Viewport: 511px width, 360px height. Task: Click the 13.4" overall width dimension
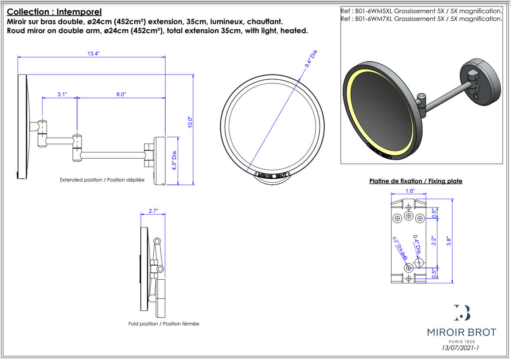pyautogui.click(x=93, y=53)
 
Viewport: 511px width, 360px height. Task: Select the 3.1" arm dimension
pyautogui.click(x=62, y=94)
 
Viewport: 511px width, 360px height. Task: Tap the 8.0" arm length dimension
pyautogui.click(x=121, y=94)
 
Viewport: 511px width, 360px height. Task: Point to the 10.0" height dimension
pyautogui.click(x=190, y=122)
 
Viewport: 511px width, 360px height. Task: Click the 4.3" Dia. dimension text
pyautogui.click(x=174, y=160)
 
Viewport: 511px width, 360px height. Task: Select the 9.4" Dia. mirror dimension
pyautogui.click(x=312, y=59)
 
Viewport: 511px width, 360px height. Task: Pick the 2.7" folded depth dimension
pyautogui.click(x=153, y=211)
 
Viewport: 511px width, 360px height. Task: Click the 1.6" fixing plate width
pyautogui.click(x=410, y=191)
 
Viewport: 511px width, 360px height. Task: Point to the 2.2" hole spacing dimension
pyautogui.click(x=434, y=240)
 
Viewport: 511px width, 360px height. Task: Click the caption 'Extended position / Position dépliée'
pyautogui.click(x=102, y=180)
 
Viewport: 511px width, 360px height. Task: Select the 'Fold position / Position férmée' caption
pyautogui.click(x=164, y=324)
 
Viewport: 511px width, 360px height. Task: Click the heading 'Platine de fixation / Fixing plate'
pyautogui.click(x=416, y=181)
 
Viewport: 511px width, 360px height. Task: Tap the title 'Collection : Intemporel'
pyautogui.click(x=55, y=12)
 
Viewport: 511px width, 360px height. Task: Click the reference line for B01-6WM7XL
pyautogui.click(x=421, y=19)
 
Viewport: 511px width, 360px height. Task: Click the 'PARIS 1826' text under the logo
pyautogui.click(x=461, y=341)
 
